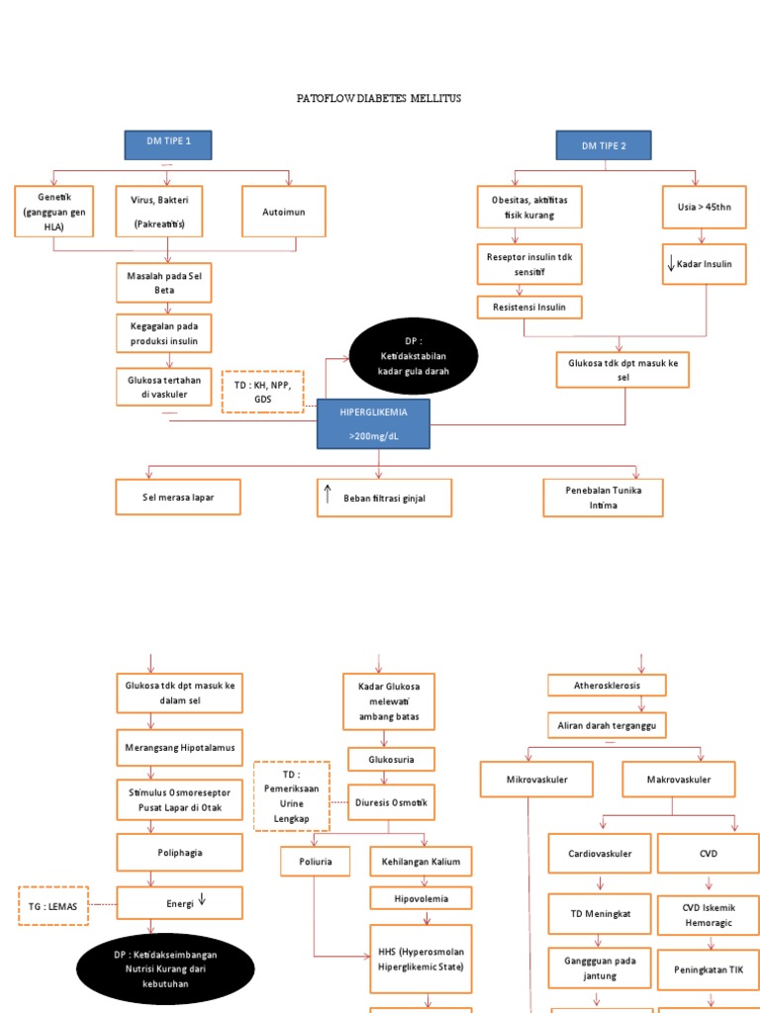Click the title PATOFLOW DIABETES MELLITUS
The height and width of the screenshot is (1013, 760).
[379, 99]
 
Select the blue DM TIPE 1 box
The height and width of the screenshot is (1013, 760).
[168, 144]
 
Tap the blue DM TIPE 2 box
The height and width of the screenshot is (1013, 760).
[603, 146]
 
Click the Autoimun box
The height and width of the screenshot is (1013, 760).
[284, 211]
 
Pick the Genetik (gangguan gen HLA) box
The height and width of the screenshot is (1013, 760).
[54, 210]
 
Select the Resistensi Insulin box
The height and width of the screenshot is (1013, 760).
[529, 308]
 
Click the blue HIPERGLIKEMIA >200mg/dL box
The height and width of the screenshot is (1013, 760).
[372, 423]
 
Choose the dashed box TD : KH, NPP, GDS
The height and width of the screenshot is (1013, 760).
[262, 391]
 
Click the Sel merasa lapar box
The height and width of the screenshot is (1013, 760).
[178, 498]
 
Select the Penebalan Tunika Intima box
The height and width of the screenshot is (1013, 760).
[603, 498]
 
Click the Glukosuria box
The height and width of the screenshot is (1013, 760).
[391, 760]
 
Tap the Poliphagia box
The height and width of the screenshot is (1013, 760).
[178, 851]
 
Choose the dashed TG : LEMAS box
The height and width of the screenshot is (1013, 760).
[53, 904]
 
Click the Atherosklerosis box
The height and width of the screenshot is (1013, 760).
[607, 685]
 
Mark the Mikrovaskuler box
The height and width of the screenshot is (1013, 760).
[536, 780]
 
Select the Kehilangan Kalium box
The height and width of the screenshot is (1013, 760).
[421, 862]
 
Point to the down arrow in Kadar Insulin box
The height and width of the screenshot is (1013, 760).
[671, 264]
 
